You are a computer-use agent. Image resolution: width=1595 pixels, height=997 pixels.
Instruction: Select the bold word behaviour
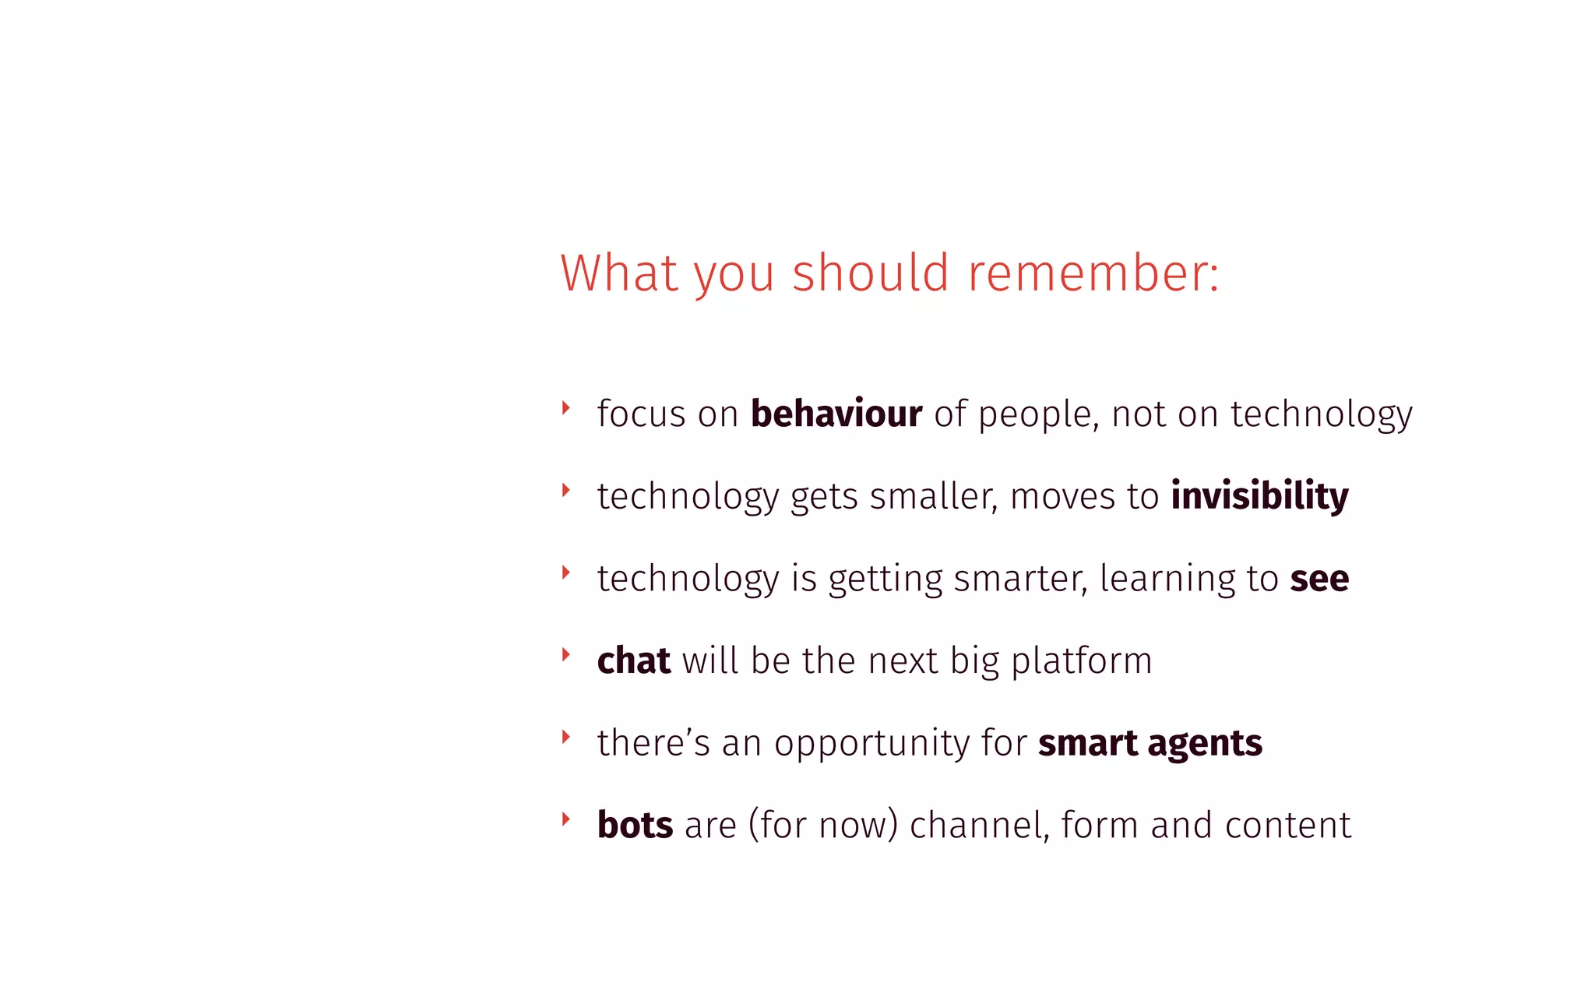[836, 414]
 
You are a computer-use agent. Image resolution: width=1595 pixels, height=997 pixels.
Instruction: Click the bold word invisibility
[1259, 496]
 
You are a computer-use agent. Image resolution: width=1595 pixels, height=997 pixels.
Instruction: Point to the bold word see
[1319, 579]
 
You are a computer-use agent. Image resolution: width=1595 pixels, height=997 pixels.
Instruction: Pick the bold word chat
[633, 661]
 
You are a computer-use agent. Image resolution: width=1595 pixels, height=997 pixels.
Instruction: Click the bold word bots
[635, 825]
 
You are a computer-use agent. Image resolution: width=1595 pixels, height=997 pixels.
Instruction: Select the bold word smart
[1087, 743]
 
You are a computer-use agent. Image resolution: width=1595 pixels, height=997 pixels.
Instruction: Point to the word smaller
[933, 496]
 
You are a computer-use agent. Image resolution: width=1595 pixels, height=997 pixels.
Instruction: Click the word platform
[1081, 661]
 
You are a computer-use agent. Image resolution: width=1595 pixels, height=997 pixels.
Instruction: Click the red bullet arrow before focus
[566, 407]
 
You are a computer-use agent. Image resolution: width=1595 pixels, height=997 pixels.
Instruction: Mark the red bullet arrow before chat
[566, 654]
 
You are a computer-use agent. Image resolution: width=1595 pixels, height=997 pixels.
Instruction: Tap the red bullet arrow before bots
[566, 819]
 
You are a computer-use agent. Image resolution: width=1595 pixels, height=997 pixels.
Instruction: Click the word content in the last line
[1287, 825]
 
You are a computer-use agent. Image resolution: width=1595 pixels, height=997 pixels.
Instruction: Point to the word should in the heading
[871, 274]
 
